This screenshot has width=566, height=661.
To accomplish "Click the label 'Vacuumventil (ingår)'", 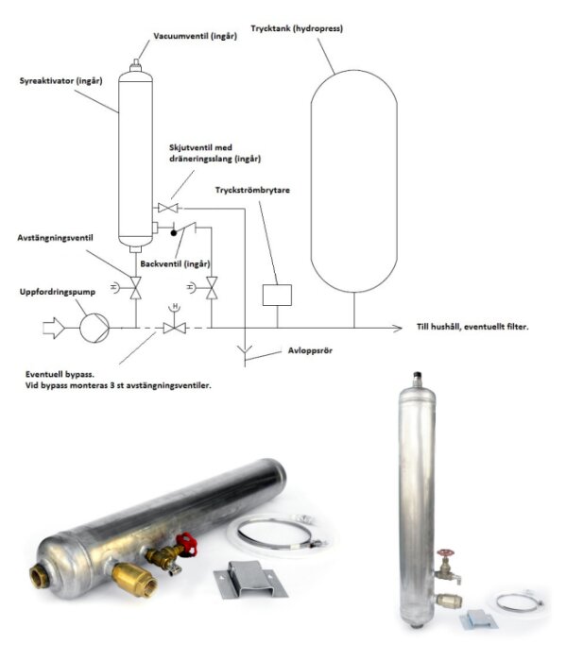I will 195,38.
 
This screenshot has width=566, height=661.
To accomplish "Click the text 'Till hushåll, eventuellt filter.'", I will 472,327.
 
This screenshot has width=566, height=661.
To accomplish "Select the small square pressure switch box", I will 276,294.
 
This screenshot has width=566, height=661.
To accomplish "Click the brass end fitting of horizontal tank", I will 41,573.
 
